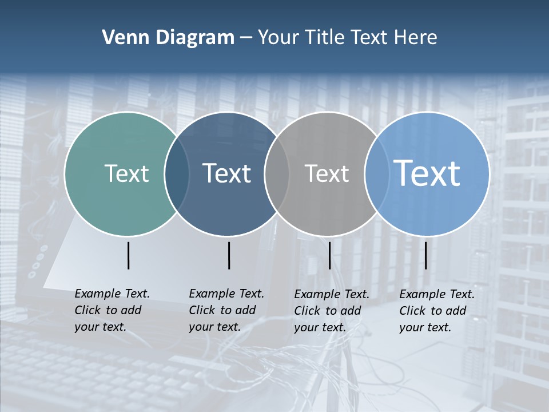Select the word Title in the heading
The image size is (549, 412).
(x=325, y=38)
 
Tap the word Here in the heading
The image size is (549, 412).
(x=416, y=38)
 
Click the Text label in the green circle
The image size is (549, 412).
(x=126, y=173)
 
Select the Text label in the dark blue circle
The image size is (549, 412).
(x=227, y=173)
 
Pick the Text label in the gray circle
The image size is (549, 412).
(x=327, y=173)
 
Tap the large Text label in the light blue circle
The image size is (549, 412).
(x=427, y=173)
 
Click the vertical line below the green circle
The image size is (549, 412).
(x=128, y=255)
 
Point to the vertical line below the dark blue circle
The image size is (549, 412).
(x=229, y=255)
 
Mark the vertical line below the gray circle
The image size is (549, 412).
(x=329, y=255)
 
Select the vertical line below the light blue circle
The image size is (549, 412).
(x=425, y=255)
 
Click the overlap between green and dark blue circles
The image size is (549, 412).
(x=177, y=174)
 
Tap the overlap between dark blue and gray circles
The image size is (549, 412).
(x=277, y=174)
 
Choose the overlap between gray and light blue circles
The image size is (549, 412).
(x=376, y=174)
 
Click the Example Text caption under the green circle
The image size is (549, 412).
(x=112, y=310)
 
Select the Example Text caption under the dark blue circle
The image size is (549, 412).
(x=226, y=310)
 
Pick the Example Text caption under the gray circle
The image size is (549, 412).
(x=332, y=311)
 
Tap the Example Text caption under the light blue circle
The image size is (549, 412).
(x=437, y=311)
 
